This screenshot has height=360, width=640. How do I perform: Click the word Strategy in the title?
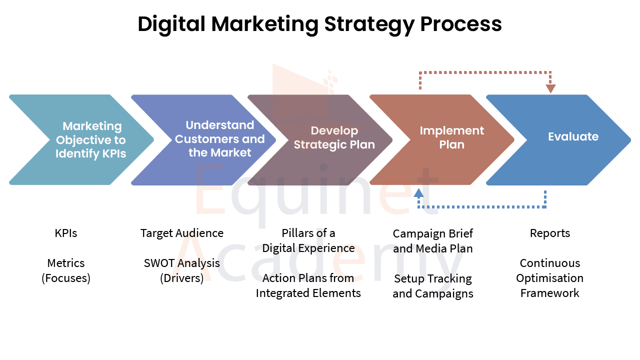[x=369, y=25]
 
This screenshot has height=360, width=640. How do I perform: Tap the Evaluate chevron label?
[x=573, y=136]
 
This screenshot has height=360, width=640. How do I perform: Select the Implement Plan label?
[x=451, y=137]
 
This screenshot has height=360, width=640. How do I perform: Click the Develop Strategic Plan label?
[x=334, y=137]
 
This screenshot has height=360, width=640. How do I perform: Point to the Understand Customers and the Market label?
[x=219, y=139]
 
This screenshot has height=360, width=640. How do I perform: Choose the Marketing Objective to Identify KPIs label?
[x=91, y=139]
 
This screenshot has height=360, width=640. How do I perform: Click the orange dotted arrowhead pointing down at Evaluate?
[x=550, y=88]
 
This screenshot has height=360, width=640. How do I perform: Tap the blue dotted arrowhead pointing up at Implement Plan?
[x=418, y=193]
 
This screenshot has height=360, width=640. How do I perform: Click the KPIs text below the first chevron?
[x=65, y=233]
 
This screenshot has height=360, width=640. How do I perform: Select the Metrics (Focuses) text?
[x=65, y=270]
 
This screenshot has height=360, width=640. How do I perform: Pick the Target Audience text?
[x=181, y=233]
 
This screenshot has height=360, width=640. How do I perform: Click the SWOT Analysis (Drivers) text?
[x=181, y=270]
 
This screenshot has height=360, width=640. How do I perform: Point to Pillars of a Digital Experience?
[x=308, y=240]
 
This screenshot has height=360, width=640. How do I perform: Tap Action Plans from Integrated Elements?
[x=308, y=285]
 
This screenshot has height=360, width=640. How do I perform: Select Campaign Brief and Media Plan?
[x=433, y=241]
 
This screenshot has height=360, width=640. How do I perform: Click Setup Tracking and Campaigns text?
[x=433, y=286]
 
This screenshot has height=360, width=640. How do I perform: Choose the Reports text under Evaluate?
[x=550, y=233]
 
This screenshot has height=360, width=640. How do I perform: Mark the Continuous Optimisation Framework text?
[x=549, y=278]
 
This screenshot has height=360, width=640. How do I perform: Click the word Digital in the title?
[x=171, y=25]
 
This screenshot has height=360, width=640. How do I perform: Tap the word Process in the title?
[x=461, y=24]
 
